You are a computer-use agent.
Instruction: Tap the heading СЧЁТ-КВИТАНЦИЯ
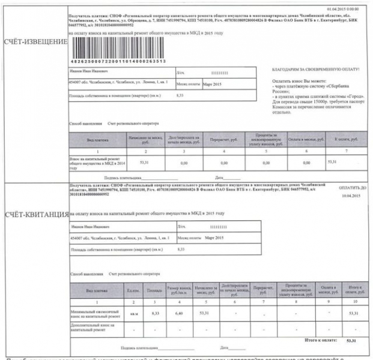(x=35, y=214)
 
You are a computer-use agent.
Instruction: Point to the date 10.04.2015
(x=350, y=196)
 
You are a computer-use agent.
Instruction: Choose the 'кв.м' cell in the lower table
(x=134, y=313)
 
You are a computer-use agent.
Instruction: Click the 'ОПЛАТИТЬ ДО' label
(x=350, y=187)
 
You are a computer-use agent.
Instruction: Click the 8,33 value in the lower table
(x=154, y=313)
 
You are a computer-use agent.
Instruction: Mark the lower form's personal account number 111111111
(x=219, y=227)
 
